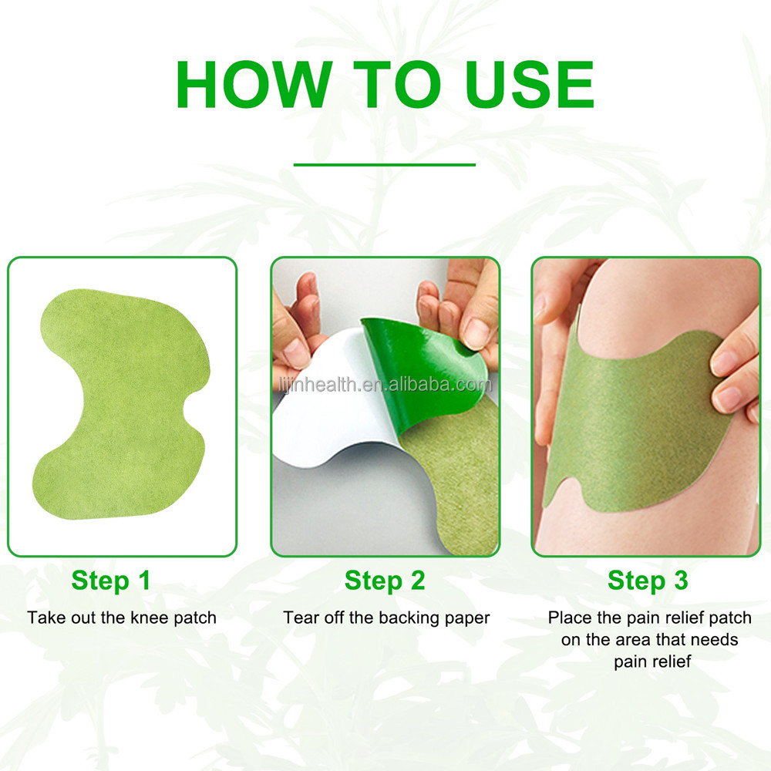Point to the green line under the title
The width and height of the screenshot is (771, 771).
(385, 164)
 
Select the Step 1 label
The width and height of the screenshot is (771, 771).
(111, 581)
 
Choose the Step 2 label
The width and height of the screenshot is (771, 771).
(385, 581)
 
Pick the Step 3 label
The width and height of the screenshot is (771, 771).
(648, 581)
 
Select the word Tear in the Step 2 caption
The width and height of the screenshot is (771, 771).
(298, 618)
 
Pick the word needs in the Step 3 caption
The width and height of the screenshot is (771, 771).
(716, 640)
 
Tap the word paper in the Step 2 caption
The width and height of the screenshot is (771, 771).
(467, 618)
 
